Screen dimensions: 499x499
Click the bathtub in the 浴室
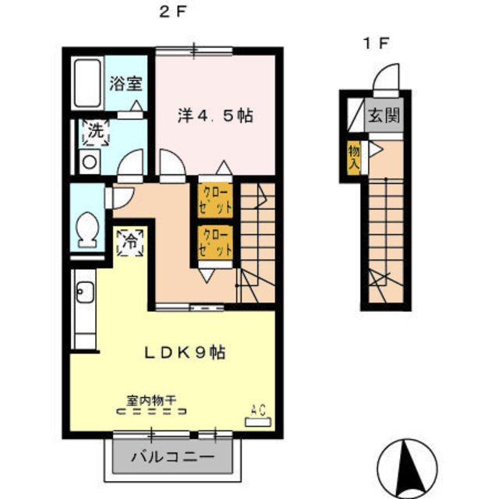(87, 83)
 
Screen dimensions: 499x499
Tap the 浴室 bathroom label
(126, 83)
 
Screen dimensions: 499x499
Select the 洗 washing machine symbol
(96, 133)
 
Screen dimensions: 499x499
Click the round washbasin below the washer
(90, 162)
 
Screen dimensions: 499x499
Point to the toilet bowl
(87, 230)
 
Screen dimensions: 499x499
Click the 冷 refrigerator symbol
(130, 242)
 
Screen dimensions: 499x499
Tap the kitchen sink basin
(85, 292)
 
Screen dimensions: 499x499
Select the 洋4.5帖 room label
(215, 116)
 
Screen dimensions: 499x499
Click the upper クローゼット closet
(215, 200)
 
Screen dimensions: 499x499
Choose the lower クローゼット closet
(215, 242)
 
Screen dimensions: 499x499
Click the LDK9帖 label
(185, 352)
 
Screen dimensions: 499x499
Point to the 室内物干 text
(151, 400)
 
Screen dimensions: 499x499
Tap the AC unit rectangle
(258, 422)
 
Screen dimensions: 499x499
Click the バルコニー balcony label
(173, 458)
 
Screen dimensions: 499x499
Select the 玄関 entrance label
(384, 115)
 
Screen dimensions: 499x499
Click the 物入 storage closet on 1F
(353, 157)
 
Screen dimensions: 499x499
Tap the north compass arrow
(408, 467)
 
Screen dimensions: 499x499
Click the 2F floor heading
(172, 12)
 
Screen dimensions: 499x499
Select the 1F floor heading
(376, 44)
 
